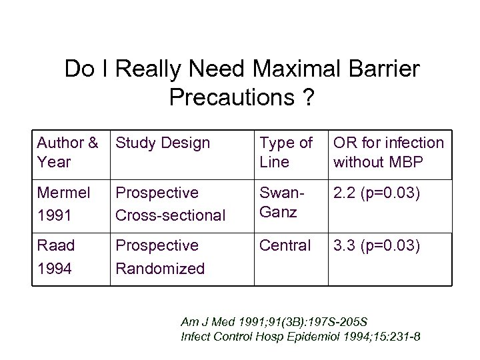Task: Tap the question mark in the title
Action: tap(308, 97)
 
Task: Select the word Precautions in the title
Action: tap(231, 97)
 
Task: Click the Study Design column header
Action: tap(163, 143)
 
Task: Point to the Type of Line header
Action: tap(285, 151)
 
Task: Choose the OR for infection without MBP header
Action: tap(388, 151)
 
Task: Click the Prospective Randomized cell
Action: tap(160, 257)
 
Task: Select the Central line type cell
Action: tap(285, 246)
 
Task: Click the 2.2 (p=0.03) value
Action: tap(377, 193)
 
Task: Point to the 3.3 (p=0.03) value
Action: tap(377, 246)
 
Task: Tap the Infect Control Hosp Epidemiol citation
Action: tap(301, 337)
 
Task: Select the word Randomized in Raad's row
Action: tap(160, 269)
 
